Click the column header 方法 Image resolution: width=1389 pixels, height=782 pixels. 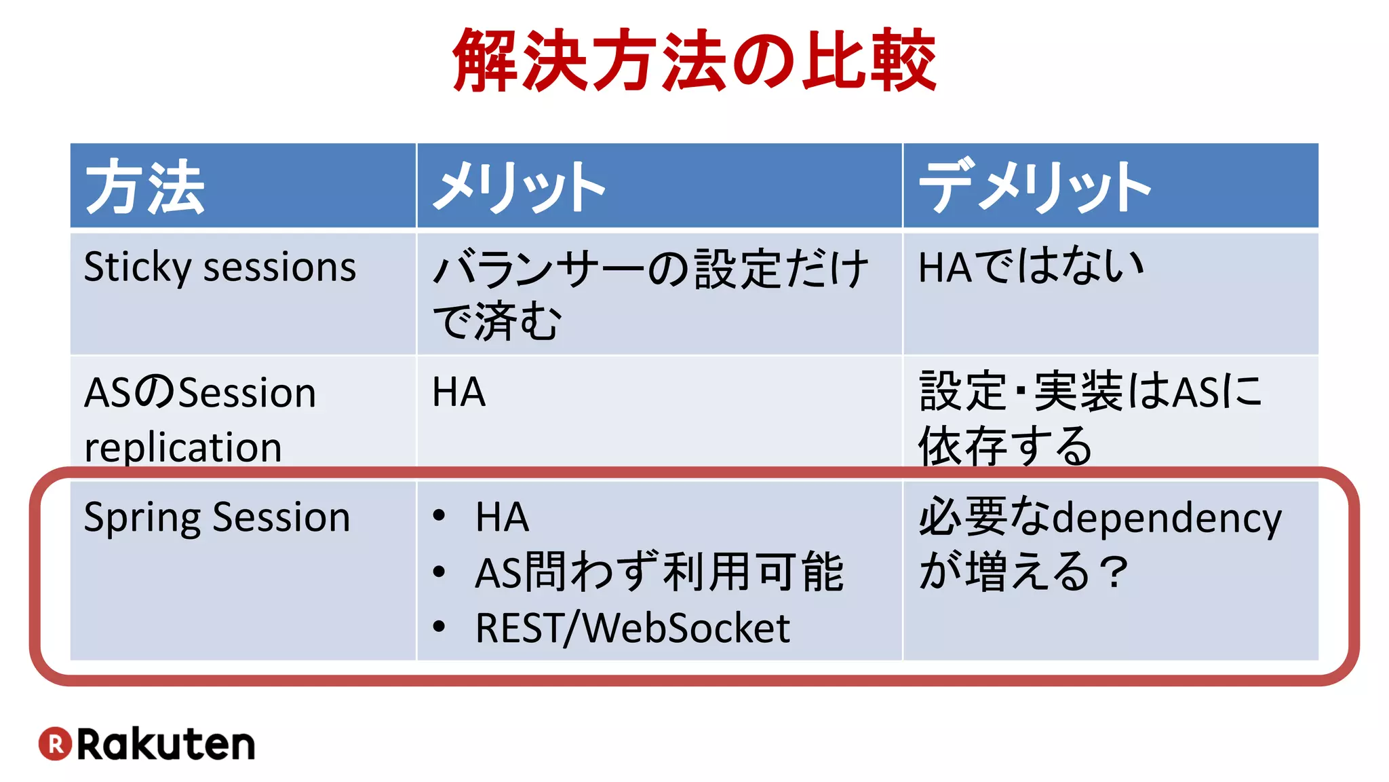tap(144, 187)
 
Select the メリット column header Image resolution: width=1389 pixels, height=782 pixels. tap(519, 187)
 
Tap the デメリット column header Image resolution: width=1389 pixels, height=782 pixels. tap(1034, 187)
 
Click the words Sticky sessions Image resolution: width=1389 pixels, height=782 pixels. tap(220, 267)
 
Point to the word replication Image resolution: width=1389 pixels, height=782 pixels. tap(183, 447)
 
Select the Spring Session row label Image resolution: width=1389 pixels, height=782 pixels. tap(217, 517)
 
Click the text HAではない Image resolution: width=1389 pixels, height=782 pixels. tap(1031, 266)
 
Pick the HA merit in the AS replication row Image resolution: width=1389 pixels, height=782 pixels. tap(459, 392)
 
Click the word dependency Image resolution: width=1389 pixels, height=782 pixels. tap(1167, 519)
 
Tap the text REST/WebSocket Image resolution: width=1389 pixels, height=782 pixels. tap(632, 628)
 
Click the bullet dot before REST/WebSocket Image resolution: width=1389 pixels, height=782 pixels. tap(439, 627)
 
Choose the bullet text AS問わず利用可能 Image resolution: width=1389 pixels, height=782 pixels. tap(659, 572)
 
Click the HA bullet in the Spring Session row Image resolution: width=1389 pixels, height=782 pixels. tap(502, 517)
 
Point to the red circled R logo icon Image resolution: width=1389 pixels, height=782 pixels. tap(55, 743)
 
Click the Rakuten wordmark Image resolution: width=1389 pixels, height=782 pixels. tap(166, 744)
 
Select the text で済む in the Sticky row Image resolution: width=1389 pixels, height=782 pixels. tap(497, 321)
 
